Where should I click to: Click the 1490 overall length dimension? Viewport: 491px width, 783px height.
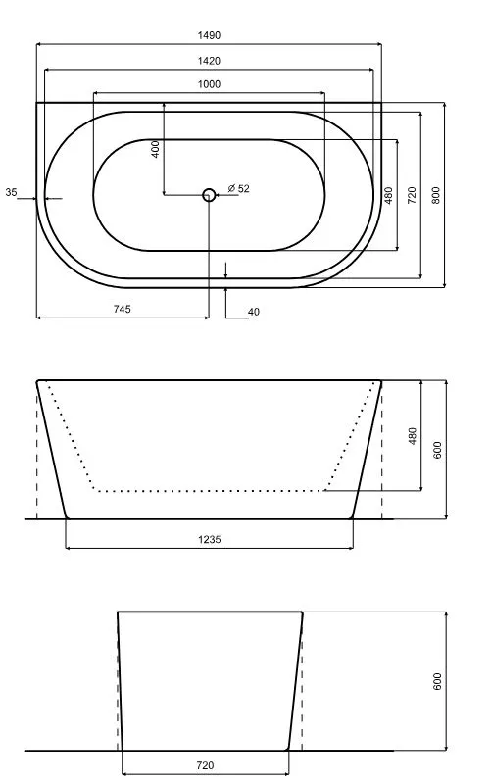click(209, 35)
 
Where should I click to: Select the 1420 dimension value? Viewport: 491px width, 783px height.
click(209, 61)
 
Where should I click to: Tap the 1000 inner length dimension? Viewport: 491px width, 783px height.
click(209, 84)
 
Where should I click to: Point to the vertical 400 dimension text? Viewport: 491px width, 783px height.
click(156, 149)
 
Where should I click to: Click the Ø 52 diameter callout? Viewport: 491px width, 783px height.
click(238, 189)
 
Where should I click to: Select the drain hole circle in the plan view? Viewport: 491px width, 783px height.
click(209, 195)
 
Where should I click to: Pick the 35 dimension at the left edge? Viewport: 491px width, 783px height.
click(11, 192)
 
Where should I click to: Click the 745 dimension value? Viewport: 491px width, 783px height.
click(122, 309)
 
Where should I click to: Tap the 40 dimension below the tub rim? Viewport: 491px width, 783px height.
click(254, 312)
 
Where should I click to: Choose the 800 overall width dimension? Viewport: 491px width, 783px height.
click(435, 195)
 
